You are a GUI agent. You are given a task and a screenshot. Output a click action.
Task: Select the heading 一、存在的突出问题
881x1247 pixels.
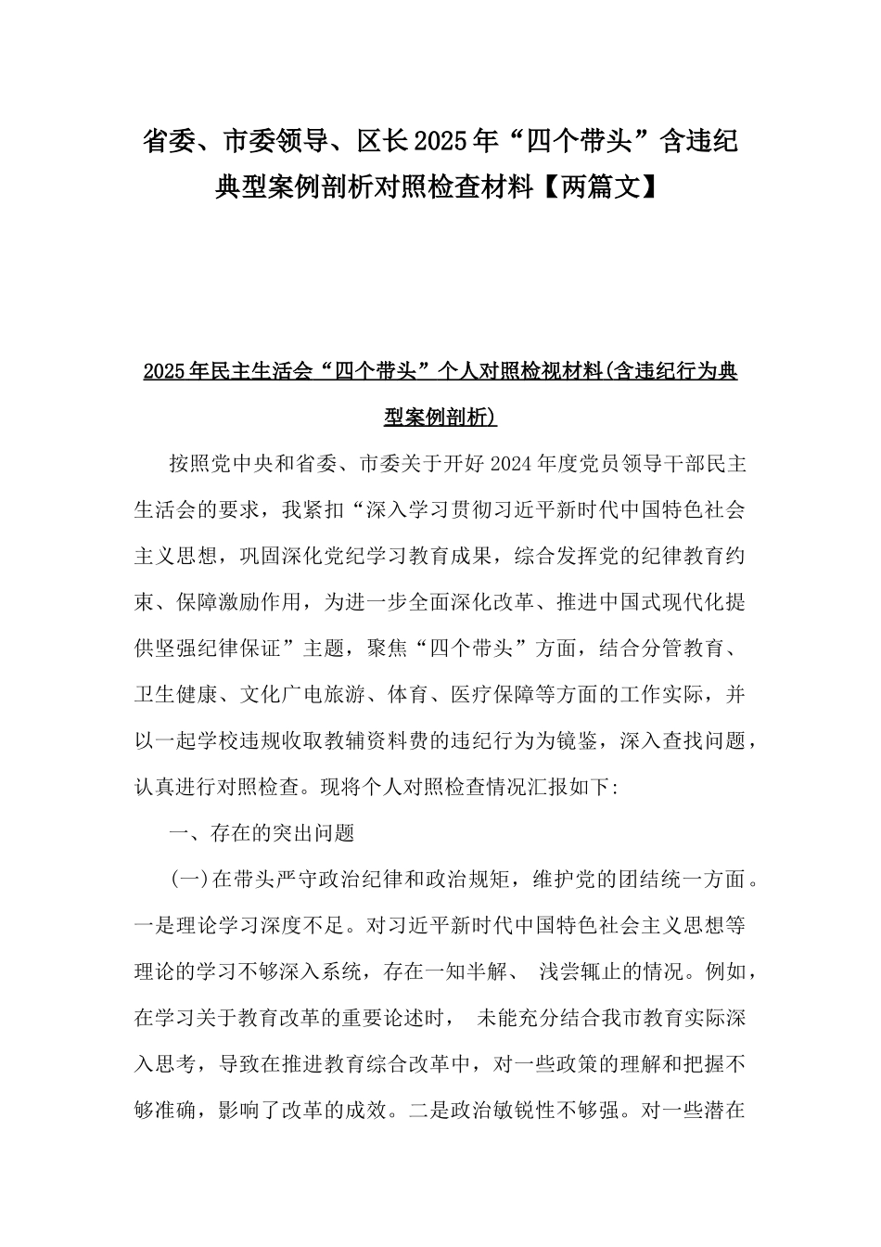(262, 833)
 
